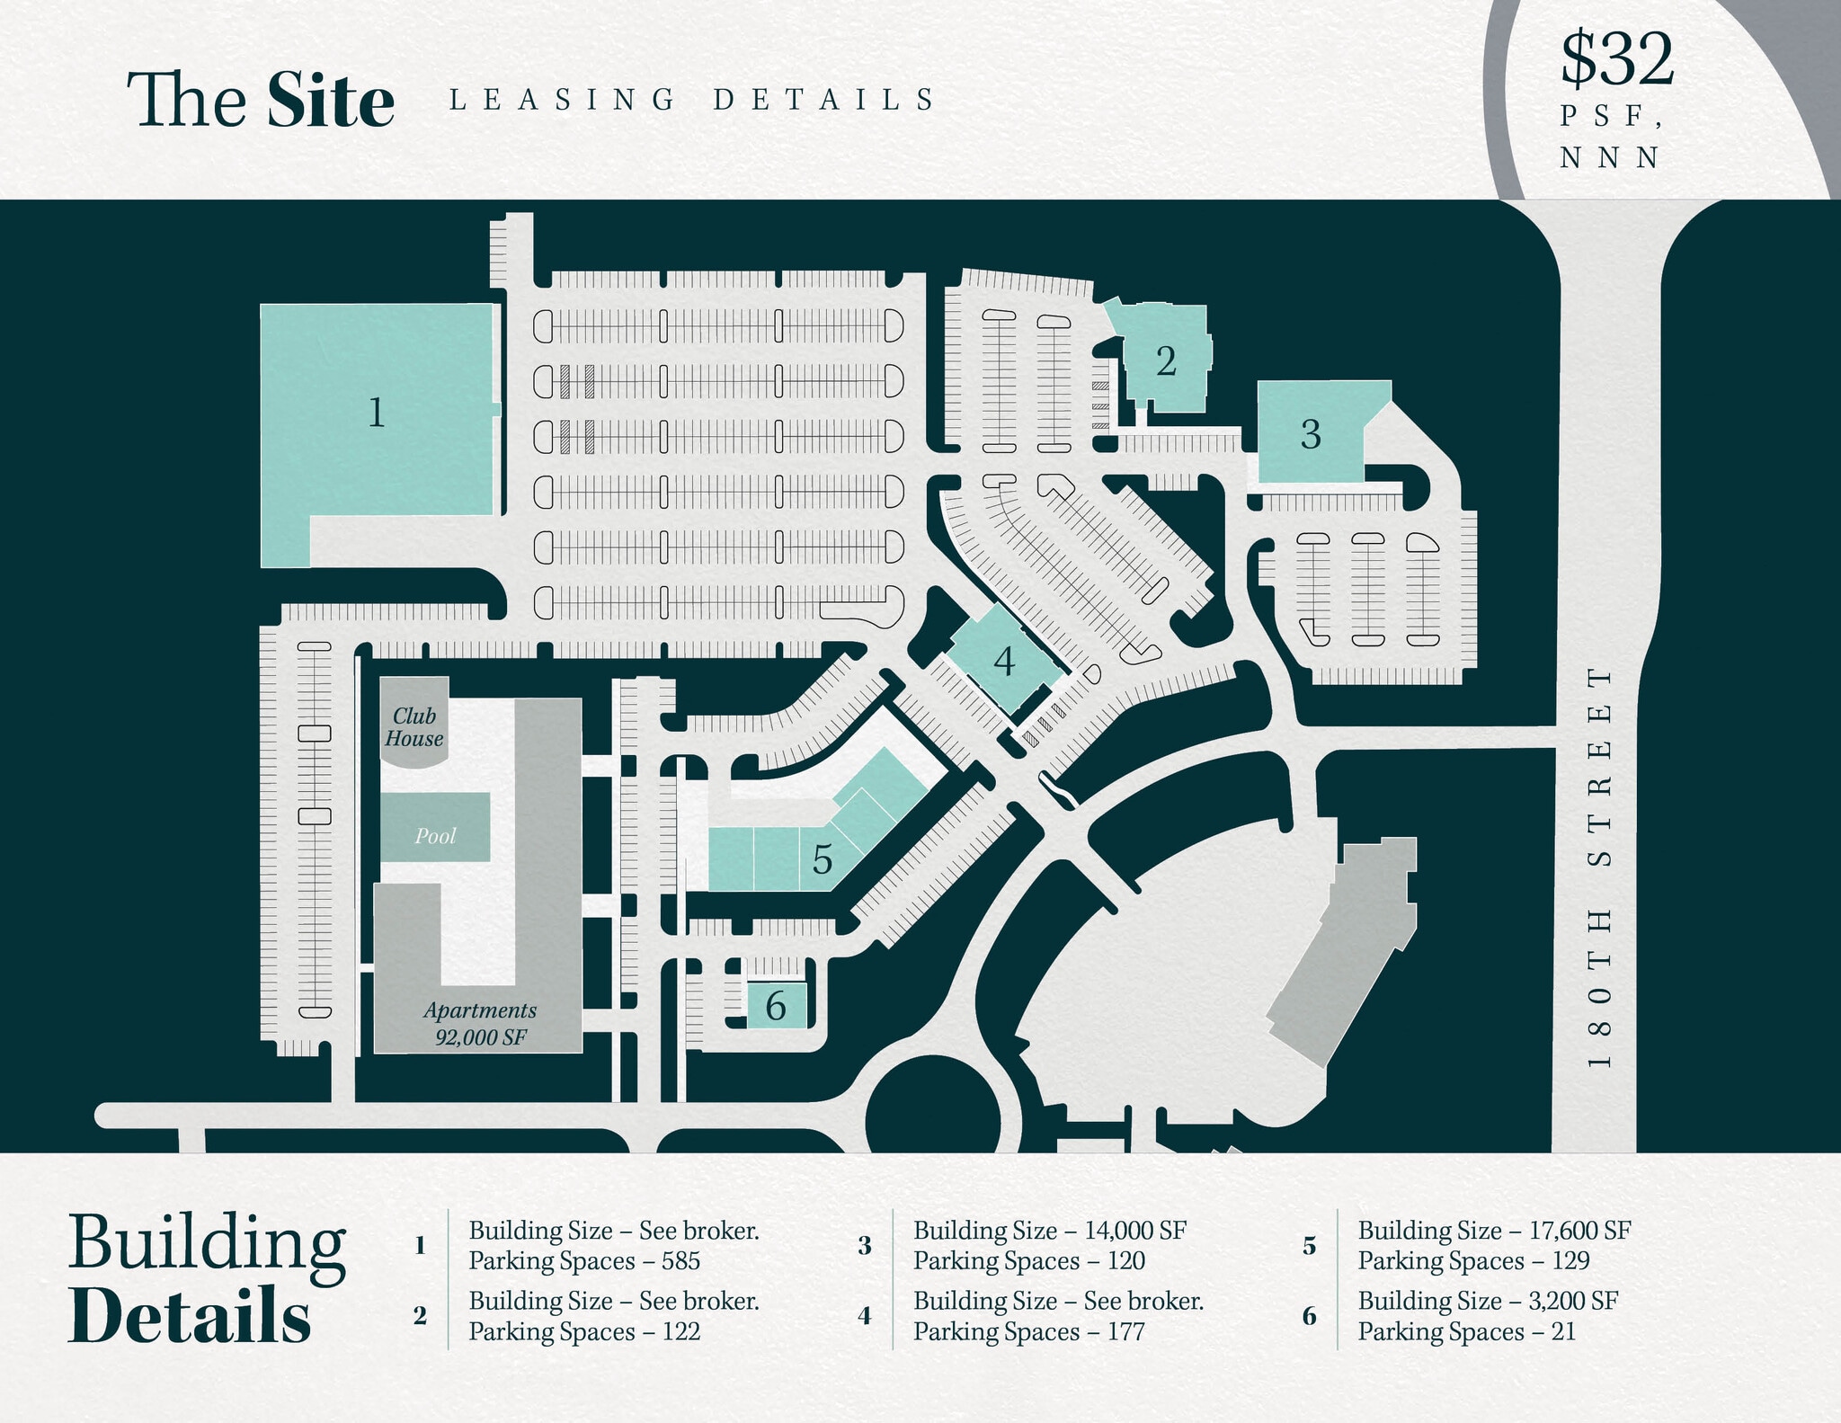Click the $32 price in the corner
click(x=1616, y=59)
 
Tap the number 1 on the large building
click(x=377, y=413)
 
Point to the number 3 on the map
click(x=1311, y=434)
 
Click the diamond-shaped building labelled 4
click(x=1003, y=660)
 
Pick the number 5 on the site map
click(x=822, y=859)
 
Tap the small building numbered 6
click(x=776, y=1005)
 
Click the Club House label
click(x=414, y=727)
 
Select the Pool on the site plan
click(x=435, y=827)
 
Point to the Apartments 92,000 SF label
click(x=480, y=1024)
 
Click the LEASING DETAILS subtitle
click(x=692, y=99)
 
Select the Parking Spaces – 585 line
click(x=584, y=1260)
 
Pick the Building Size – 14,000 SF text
click(x=1050, y=1230)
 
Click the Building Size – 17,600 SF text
click(x=1494, y=1230)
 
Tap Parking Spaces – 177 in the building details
click(x=1029, y=1331)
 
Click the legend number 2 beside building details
click(x=420, y=1316)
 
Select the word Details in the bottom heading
click(x=190, y=1315)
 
